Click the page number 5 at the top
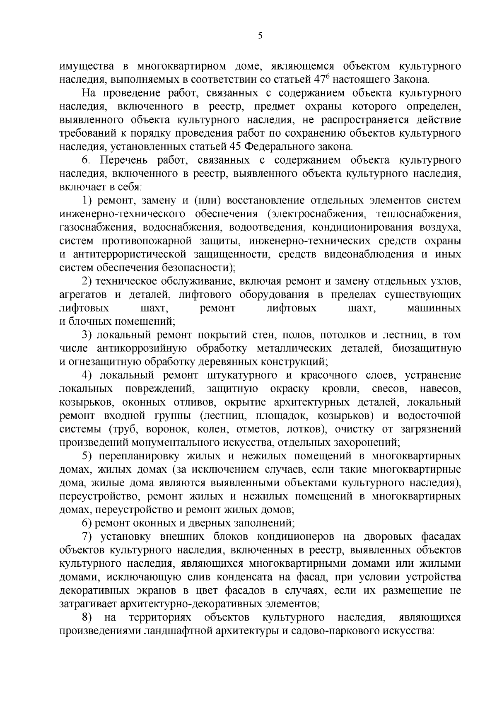(260, 36)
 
